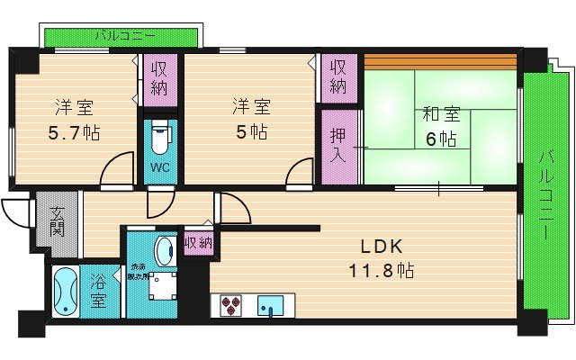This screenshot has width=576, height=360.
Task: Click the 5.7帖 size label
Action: pos(74,132)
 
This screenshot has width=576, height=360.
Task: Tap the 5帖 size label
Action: pos(251,132)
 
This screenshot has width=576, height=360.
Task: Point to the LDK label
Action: pos(382,247)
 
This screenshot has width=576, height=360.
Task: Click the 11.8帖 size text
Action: pos(382,270)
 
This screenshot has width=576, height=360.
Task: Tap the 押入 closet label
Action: pos(337,145)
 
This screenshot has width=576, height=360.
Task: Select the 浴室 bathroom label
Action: pos(98,292)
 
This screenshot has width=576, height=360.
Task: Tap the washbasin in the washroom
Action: pos(166,250)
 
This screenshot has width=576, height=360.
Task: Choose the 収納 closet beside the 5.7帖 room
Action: pos(160,77)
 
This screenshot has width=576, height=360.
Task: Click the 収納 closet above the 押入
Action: pos(337,77)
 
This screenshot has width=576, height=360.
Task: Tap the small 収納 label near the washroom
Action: pos(198,242)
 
